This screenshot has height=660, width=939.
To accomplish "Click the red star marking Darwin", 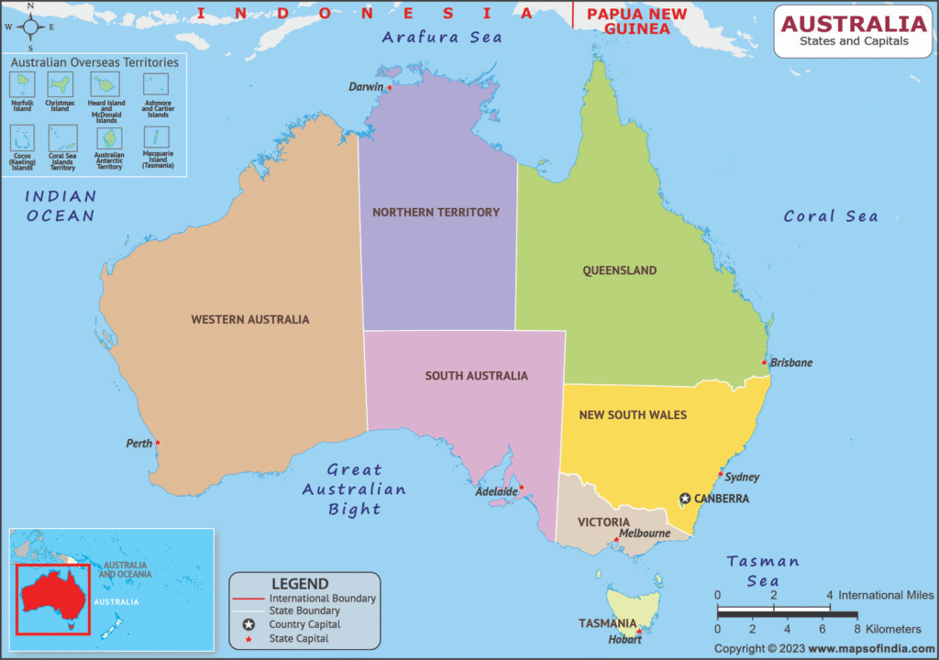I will coord(390,88).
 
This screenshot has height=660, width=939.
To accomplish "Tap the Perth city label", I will coord(139,444).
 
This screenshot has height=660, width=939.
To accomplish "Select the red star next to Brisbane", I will coord(765,362).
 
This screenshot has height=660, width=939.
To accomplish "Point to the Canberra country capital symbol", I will coord(685,499).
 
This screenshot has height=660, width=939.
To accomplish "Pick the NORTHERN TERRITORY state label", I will coord(436,212).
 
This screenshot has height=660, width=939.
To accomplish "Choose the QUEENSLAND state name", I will coord(620,270).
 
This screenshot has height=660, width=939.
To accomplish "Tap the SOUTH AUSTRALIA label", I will coord(476,376).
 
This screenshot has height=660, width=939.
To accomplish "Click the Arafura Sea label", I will coord(442,38).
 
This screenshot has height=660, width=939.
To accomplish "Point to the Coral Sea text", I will coord(830,216).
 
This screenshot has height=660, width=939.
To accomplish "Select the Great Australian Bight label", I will coord(354,489).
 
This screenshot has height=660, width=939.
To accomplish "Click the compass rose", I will coord(30,26).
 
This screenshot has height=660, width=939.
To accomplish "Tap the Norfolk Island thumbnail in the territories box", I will coord(22,85).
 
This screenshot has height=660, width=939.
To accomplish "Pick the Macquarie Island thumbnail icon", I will coord(157,138).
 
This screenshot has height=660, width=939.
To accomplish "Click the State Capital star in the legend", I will coord(249,639).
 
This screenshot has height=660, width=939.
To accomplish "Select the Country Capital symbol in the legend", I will coord(249,624).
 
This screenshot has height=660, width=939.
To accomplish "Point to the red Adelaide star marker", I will coord(522,488).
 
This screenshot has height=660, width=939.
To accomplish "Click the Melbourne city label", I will coord(644,533).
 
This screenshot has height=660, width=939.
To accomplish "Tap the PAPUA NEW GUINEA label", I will coord(628,21).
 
